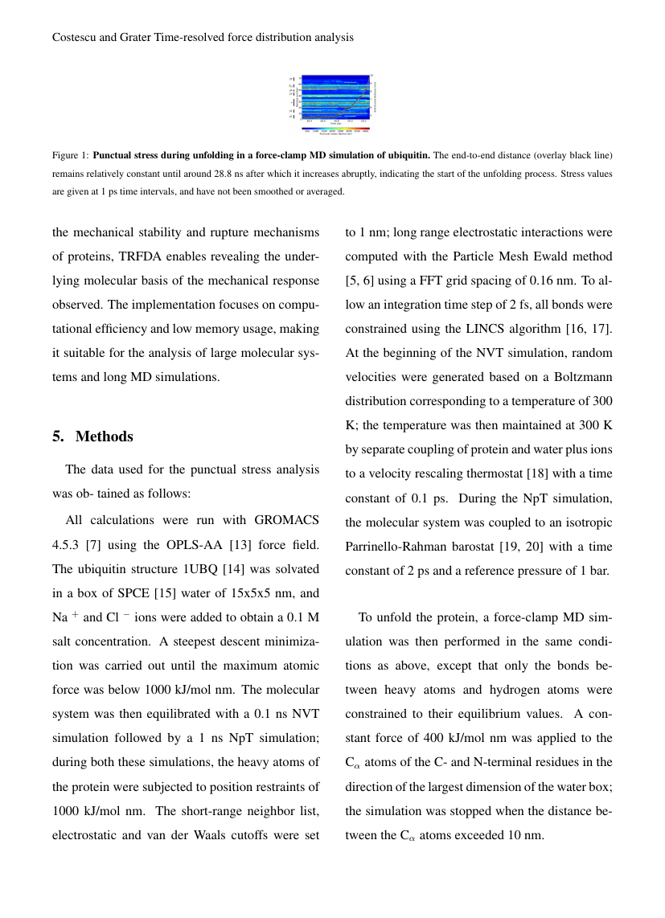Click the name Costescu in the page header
pyautogui.click(x=76, y=37)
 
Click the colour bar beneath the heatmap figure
pyautogui.click(x=335, y=128)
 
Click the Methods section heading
pyautogui.click(x=104, y=436)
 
